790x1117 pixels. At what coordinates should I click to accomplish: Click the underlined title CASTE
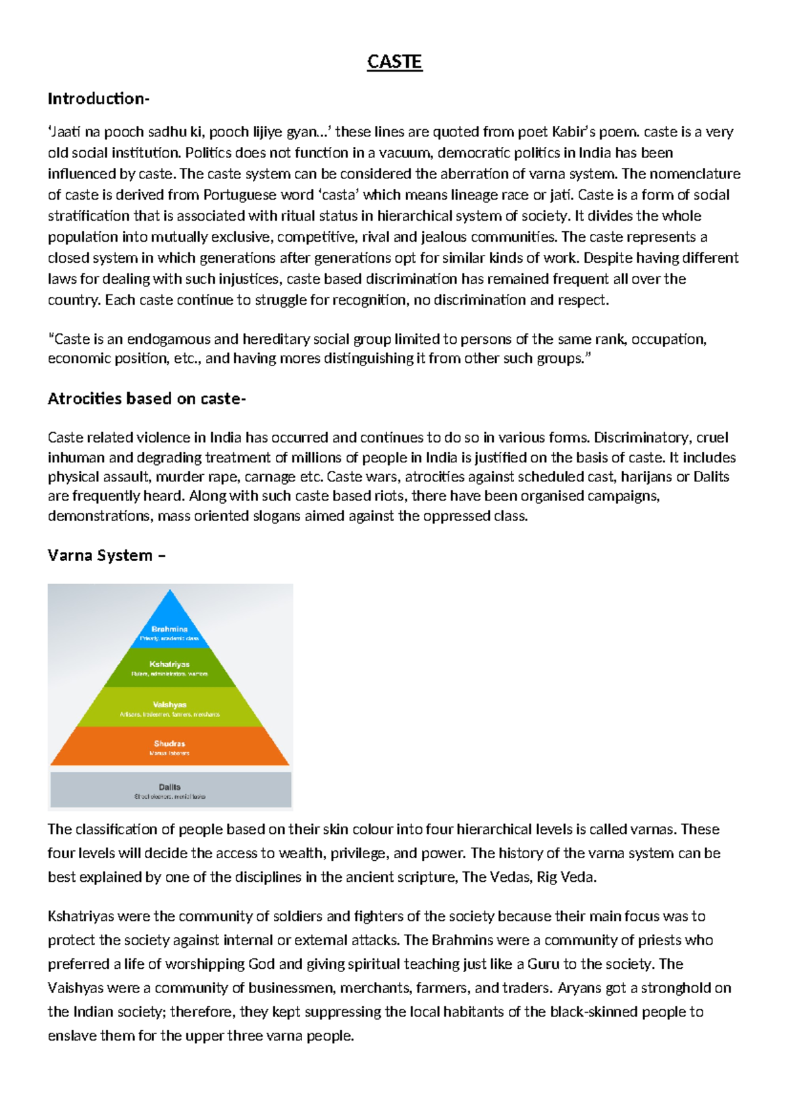(x=394, y=62)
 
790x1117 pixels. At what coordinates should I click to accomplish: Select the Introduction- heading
(x=99, y=99)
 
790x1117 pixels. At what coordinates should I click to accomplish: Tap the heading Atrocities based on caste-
(x=147, y=398)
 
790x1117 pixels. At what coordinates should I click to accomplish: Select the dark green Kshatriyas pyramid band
(x=170, y=668)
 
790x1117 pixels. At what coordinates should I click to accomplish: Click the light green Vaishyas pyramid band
(x=170, y=707)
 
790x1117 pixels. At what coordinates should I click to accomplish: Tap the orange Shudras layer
(x=170, y=746)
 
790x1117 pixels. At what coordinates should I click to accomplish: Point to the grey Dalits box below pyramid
(x=170, y=790)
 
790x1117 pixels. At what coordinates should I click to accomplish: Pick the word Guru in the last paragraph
(x=543, y=964)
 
